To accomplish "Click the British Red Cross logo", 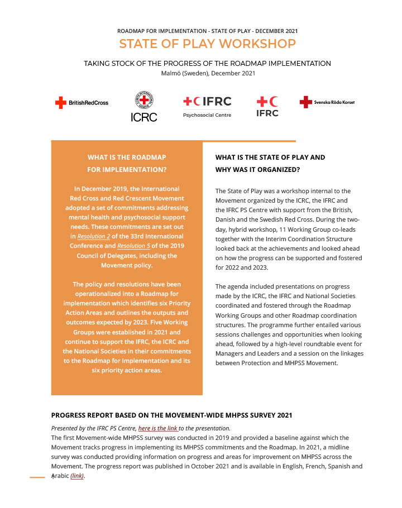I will tap(82, 103).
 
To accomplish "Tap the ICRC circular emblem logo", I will tap(143, 101).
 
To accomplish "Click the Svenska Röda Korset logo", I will tap(327, 102).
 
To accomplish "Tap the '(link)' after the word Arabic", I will tap(77, 476).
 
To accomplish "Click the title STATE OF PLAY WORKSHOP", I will tap(207, 44).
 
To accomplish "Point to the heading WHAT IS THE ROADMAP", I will tap(127, 157).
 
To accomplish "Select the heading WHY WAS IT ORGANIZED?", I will tap(257, 169).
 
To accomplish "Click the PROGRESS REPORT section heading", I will tap(171, 415).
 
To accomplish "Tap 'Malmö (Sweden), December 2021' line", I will tap(208, 73).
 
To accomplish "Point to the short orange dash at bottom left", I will tap(37, 477).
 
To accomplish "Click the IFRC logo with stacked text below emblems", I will tap(267, 106).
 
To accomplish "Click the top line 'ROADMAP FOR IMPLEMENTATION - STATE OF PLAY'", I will tap(208, 31).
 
